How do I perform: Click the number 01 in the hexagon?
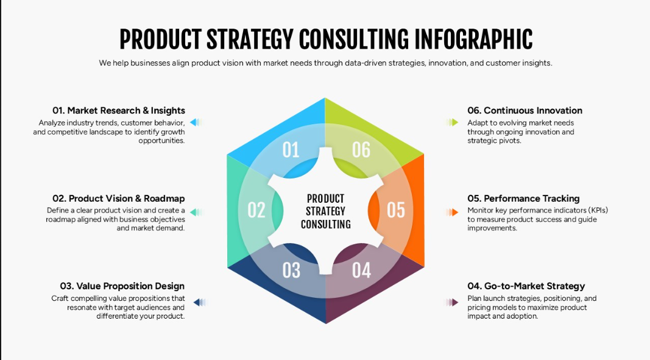click(x=291, y=150)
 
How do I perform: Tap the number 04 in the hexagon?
click(x=361, y=270)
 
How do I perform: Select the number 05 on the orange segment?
click(x=396, y=210)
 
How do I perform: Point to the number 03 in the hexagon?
click(x=291, y=270)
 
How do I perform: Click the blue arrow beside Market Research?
click(x=196, y=122)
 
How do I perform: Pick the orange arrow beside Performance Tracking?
click(x=452, y=213)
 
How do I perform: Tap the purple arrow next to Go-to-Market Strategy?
click(x=452, y=302)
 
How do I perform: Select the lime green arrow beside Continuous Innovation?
click(x=452, y=122)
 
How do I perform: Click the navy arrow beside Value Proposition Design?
click(x=200, y=302)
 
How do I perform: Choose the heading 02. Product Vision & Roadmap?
click(x=119, y=198)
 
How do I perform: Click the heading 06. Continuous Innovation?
click(x=525, y=110)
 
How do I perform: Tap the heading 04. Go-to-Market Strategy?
click(x=526, y=286)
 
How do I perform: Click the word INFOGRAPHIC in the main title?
click(x=473, y=40)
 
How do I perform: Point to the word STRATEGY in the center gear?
click(x=325, y=211)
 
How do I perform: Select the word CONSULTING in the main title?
click(x=353, y=40)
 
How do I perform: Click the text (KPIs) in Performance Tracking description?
click(x=593, y=210)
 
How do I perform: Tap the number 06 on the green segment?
click(x=361, y=150)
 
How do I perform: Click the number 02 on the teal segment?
click(x=256, y=210)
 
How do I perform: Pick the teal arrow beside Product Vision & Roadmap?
click(x=196, y=213)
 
